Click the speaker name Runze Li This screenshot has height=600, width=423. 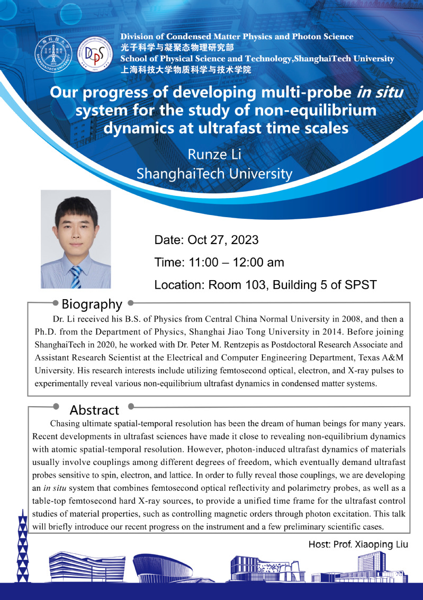pos(214,154)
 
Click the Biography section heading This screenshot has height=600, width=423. pos(92,304)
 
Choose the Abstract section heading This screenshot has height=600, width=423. pos(94,410)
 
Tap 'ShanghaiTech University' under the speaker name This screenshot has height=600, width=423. pos(214,174)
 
